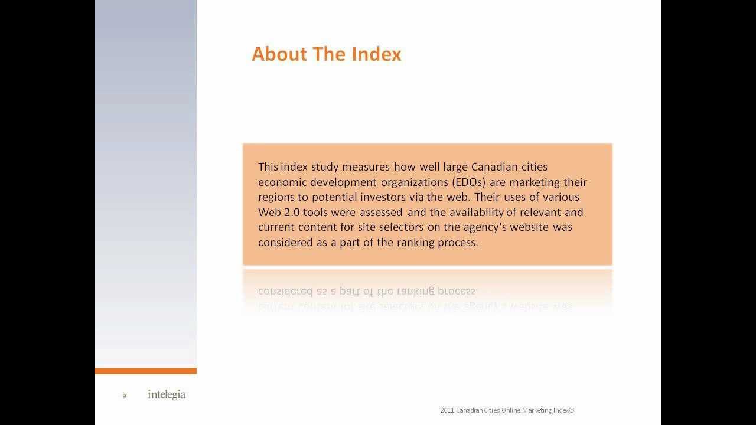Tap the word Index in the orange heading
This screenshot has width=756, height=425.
tap(376, 54)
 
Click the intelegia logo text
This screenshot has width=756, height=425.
tap(166, 394)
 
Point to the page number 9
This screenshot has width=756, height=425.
tap(124, 396)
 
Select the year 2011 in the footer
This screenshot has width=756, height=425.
tap(447, 410)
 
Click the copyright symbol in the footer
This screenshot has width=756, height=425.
tap(571, 410)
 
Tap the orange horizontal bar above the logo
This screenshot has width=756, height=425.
tap(145, 371)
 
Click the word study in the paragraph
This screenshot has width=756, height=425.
tap(317, 167)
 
